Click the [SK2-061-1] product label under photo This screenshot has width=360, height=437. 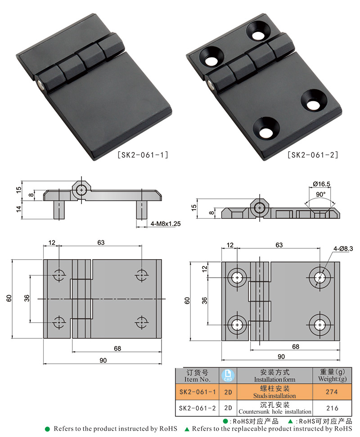click(143, 155)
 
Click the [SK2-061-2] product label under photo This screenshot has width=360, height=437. click(313, 155)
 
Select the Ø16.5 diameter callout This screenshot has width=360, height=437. click(322, 184)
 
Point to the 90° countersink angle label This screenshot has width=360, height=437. click(320, 194)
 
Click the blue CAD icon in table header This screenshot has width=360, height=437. click(228, 375)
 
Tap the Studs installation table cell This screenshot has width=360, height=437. click(274, 392)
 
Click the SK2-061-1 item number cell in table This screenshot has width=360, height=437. click(197, 392)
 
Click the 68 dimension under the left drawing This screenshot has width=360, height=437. click(117, 348)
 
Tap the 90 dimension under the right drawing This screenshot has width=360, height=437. click(281, 356)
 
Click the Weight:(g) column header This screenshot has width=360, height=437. click(332, 375)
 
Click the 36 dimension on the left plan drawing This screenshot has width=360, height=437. click(27, 298)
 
